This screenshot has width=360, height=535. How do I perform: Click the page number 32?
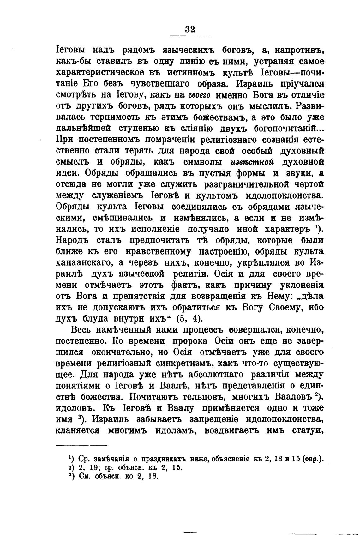click(x=190, y=29)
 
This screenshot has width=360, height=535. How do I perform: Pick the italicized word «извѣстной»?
click(x=252, y=162)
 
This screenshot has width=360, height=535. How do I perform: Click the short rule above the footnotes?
click(x=81, y=446)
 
